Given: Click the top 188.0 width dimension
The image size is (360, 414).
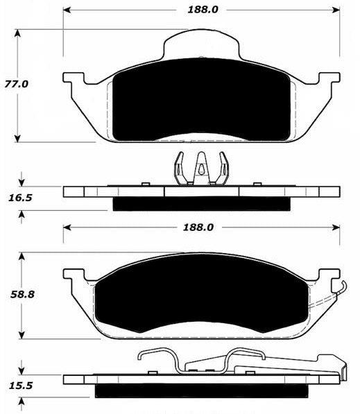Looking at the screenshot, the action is (x=203, y=10).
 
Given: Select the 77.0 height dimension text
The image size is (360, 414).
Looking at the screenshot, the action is (x=17, y=84).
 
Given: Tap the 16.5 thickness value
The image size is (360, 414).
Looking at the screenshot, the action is (x=20, y=198).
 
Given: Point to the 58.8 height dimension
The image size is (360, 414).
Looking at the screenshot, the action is (x=22, y=295).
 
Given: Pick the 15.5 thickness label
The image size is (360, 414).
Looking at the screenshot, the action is (x=21, y=386).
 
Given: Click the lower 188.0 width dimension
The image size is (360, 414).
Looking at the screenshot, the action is (x=198, y=227).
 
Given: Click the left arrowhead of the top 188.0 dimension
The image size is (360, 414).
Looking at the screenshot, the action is (x=67, y=10).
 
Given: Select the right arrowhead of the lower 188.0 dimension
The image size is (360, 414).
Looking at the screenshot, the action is (x=336, y=227).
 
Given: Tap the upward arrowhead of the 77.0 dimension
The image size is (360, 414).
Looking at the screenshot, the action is (x=17, y=33).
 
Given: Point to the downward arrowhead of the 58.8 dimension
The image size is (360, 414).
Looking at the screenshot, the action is (x=22, y=336).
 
